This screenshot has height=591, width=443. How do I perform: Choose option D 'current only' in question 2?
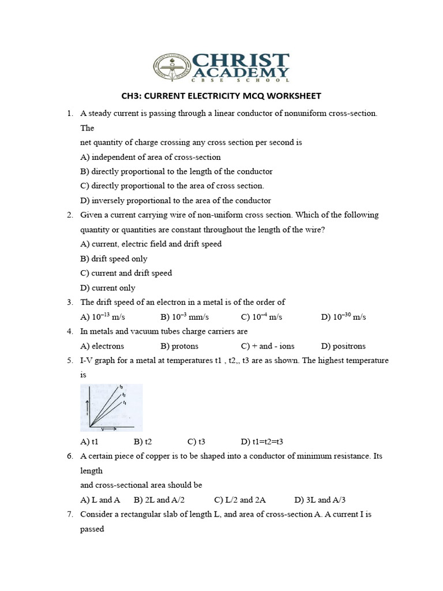(x=108, y=287)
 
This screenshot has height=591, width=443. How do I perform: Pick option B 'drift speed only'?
(x=114, y=259)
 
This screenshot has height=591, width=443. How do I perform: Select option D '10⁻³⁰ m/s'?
(x=343, y=317)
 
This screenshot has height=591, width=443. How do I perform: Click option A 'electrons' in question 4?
(x=102, y=346)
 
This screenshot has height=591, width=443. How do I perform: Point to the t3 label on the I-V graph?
(x=121, y=386)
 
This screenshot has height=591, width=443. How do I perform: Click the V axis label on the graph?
(x=102, y=429)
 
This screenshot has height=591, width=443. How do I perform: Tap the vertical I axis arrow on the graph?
(x=87, y=407)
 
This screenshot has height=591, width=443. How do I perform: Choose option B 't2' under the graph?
(x=142, y=442)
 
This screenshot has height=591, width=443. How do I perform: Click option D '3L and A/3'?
(x=320, y=500)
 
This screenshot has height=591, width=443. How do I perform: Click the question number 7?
(x=69, y=514)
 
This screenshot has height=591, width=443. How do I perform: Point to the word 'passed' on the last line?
(x=92, y=529)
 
